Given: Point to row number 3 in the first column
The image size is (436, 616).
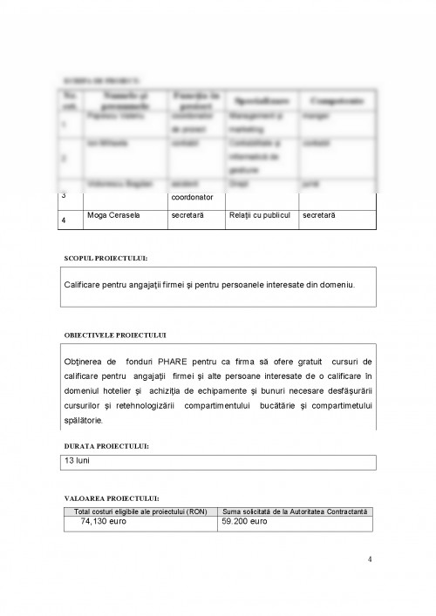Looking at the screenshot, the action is click(x=65, y=194).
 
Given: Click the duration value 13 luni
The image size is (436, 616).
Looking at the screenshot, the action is click(x=77, y=459).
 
